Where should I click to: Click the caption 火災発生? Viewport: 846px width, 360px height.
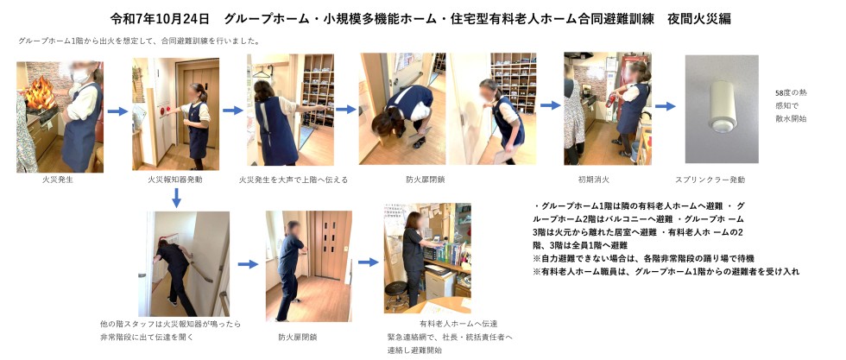click(58, 180)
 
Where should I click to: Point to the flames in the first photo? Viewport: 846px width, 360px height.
click(40, 93)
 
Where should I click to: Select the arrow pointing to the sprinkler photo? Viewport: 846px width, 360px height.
click(666, 106)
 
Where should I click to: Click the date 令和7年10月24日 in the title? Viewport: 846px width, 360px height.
click(159, 19)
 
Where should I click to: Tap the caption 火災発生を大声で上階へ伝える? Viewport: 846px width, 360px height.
click(294, 180)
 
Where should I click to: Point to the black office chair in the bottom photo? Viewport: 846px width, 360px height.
click(395, 294)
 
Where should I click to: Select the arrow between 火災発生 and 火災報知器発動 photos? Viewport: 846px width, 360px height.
click(117, 111)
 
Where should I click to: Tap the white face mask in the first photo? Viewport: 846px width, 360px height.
click(80, 77)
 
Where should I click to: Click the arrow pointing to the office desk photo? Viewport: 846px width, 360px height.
click(369, 262)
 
